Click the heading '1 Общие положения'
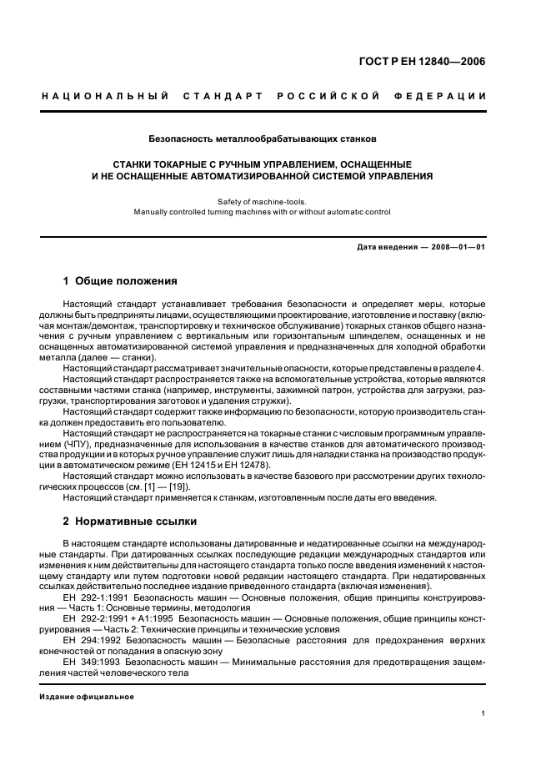click(120, 280)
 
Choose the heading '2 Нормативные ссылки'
click(130, 522)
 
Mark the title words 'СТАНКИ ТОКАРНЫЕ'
click(166, 164)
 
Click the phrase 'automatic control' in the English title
click(355, 212)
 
